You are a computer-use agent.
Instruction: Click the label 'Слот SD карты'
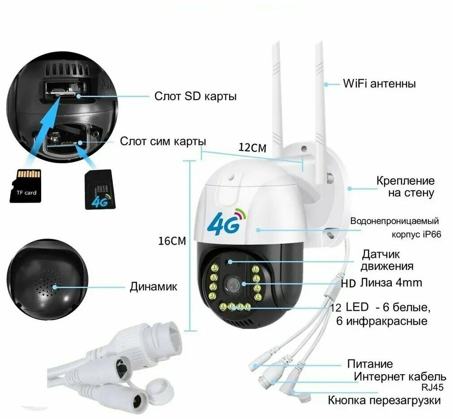click(195, 96)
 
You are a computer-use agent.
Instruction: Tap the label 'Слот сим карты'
click(163, 141)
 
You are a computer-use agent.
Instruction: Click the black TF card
click(26, 185)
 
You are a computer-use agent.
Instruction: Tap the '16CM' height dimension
click(172, 241)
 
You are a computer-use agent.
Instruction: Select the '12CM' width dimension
click(252, 148)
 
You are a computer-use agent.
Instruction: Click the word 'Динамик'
click(154, 286)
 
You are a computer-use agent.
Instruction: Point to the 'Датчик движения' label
click(387, 261)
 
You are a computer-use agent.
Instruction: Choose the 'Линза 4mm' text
click(391, 283)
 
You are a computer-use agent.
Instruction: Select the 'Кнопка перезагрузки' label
click(384, 400)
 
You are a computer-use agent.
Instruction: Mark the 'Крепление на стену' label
click(405, 187)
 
